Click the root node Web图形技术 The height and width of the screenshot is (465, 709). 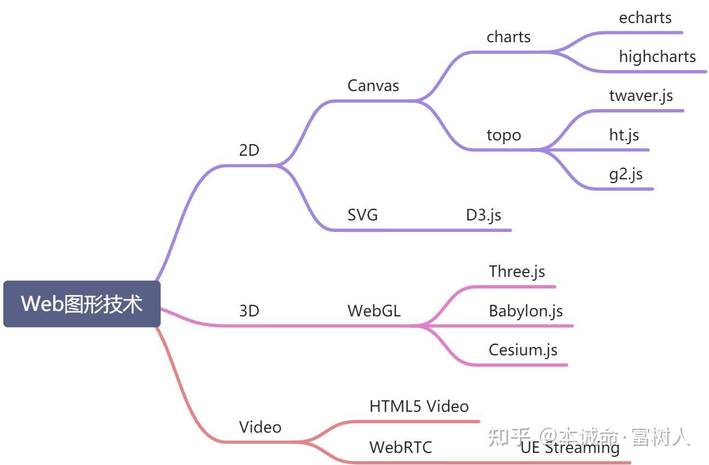[82, 304]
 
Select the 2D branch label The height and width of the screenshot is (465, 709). [249, 150]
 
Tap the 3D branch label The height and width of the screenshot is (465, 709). [249, 311]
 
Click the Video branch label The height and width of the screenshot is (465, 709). [260, 427]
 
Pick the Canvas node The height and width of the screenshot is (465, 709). [373, 86]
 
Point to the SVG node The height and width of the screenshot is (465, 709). [363, 215]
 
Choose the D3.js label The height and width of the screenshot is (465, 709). [483, 215]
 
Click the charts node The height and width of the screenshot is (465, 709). [508, 37]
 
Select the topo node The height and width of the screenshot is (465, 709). [504, 135]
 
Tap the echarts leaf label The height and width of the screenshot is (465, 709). [645, 18]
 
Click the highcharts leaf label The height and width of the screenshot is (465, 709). [657, 56]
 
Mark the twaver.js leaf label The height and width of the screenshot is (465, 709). [641, 95]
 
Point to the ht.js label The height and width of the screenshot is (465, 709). [624, 134]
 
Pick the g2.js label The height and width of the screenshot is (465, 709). [626, 174]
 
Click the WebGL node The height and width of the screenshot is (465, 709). [374, 311]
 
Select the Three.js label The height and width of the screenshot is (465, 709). [517, 271]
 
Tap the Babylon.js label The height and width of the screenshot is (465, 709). [525, 311]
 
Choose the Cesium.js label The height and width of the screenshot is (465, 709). [523, 350]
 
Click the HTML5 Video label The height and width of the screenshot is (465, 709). [419, 406]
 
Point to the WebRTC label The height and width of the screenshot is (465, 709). [401, 447]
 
